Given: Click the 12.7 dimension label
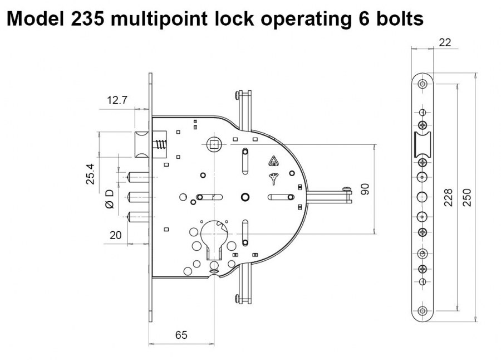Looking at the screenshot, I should (x=117, y=100).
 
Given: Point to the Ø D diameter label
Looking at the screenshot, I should (x=109, y=200).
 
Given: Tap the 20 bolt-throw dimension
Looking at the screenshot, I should (x=115, y=235).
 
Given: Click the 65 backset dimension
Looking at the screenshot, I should (x=181, y=335).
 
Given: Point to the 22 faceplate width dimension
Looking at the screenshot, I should (x=444, y=42).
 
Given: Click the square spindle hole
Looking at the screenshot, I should (x=214, y=145).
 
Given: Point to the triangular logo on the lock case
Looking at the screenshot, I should (x=273, y=162).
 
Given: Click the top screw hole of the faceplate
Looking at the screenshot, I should (x=423, y=84).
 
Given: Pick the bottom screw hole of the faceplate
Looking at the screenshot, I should (x=423, y=310).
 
